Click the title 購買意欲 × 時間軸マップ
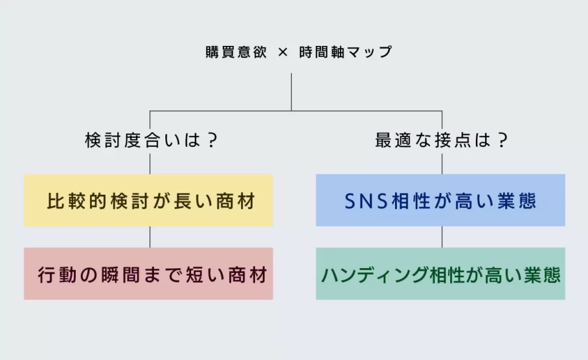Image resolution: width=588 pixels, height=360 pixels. tap(299, 52)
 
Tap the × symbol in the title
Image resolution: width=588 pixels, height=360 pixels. tap(283, 52)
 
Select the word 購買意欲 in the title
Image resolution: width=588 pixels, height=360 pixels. tap(236, 52)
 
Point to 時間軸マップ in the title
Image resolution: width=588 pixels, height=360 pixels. tap(346, 52)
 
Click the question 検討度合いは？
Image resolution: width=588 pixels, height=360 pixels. tap(151, 141)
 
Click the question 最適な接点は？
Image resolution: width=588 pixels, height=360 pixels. tap(442, 141)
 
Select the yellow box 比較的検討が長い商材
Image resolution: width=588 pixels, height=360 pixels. tap(149, 201)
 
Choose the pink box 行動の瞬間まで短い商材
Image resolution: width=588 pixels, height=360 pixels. tap(149, 274)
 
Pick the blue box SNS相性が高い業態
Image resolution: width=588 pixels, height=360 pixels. tap(440, 201)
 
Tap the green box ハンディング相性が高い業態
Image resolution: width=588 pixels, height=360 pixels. tap(440, 274)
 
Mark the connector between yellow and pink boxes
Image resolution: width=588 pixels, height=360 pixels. tap(150, 237)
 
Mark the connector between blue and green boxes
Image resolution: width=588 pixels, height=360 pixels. tap(442, 237)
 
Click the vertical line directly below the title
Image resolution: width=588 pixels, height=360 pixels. tap(291, 92)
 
